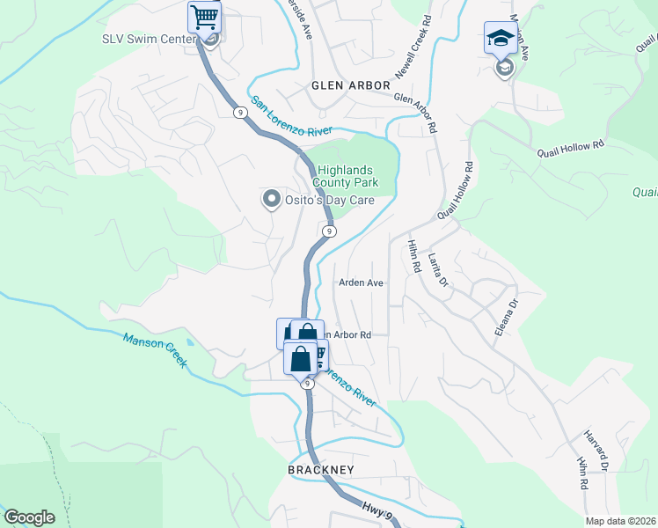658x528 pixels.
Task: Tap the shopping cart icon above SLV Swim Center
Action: click(x=204, y=17)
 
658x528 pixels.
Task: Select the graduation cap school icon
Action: click(x=500, y=40)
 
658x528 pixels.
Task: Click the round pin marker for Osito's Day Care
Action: click(x=271, y=200)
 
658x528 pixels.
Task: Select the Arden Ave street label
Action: click(x=362, y=283)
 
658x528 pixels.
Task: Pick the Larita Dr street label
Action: click(x=437, y=270)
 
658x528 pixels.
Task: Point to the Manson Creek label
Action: click(x=155, y=350)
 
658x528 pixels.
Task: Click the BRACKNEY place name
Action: click(x=320, y=471)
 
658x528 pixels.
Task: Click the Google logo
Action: click(x=30, y=517)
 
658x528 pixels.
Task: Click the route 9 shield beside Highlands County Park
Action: click(x=327, y=231)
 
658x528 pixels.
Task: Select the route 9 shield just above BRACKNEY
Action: click(x=307, y=384)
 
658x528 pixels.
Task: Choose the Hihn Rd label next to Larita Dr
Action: click(x=413, y=255)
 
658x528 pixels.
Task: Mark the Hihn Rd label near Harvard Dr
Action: click(x=581, y=473)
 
